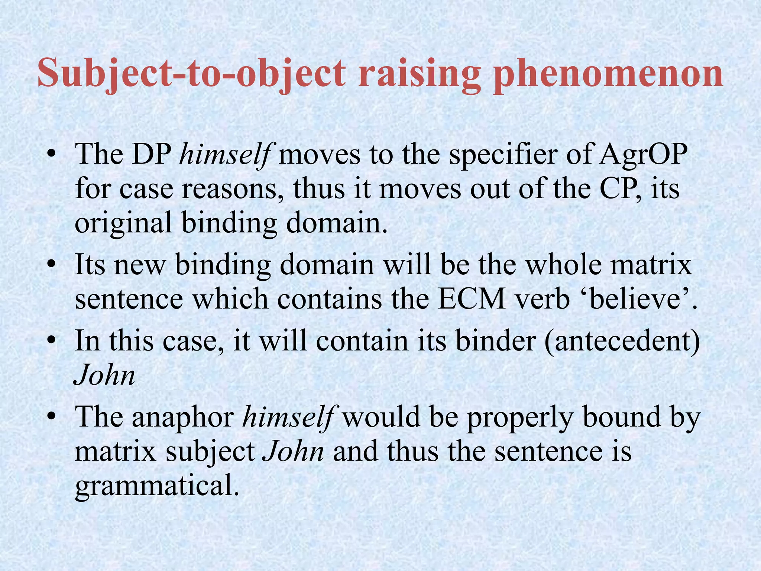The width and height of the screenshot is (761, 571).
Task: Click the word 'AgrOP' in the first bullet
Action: pyautogui.click(x=643, y=154)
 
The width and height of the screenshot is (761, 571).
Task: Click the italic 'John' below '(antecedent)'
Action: pyautogui.click(x=105, y=375)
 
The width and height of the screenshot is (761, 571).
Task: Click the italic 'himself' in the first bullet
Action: pyautogui.click(x=225, y=154)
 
